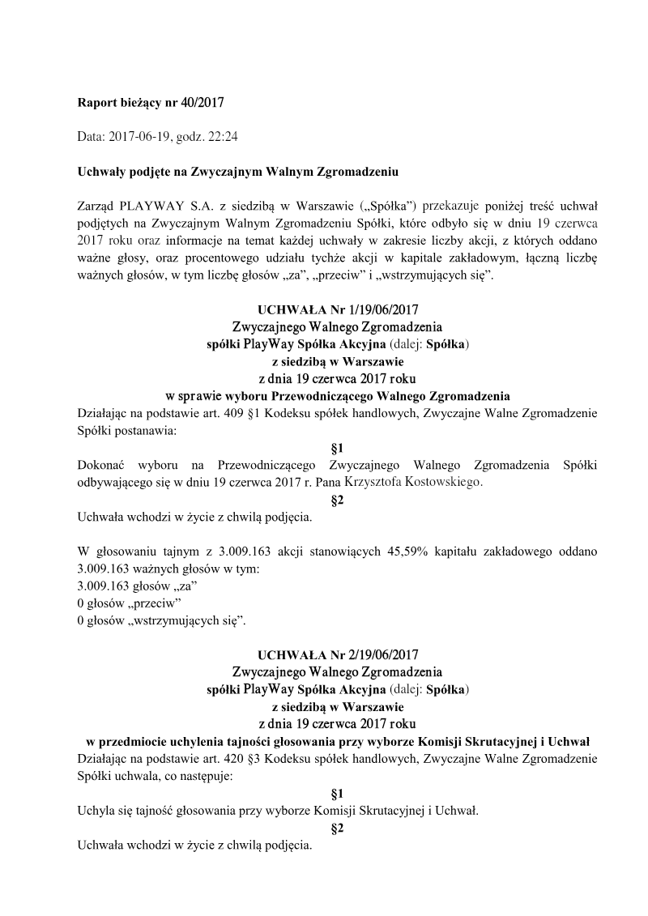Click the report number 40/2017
point(202,103)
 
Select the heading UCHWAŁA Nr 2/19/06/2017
point(338,654)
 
